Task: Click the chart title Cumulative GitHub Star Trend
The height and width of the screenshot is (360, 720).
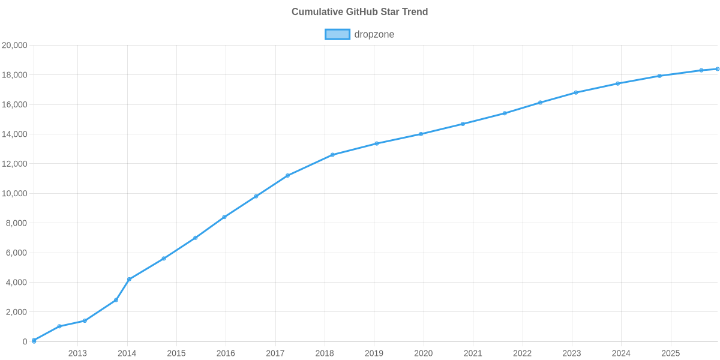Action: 359,11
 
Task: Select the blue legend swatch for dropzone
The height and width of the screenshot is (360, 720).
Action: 337,34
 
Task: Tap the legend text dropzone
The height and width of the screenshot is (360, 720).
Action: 374,34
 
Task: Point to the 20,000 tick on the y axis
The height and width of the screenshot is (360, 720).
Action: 15,45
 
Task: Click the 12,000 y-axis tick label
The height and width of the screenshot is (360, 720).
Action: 15,164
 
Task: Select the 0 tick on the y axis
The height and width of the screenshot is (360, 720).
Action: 25,342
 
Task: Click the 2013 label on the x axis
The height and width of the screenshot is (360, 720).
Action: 77,353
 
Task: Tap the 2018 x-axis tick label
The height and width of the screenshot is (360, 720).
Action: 325,353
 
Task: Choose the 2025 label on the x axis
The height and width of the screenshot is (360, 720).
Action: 670,353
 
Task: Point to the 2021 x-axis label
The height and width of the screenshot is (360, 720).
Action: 473,353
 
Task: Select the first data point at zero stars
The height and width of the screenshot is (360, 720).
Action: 34,341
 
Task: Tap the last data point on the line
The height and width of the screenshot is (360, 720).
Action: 717,69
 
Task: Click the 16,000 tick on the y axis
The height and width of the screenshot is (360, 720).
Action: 15,104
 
